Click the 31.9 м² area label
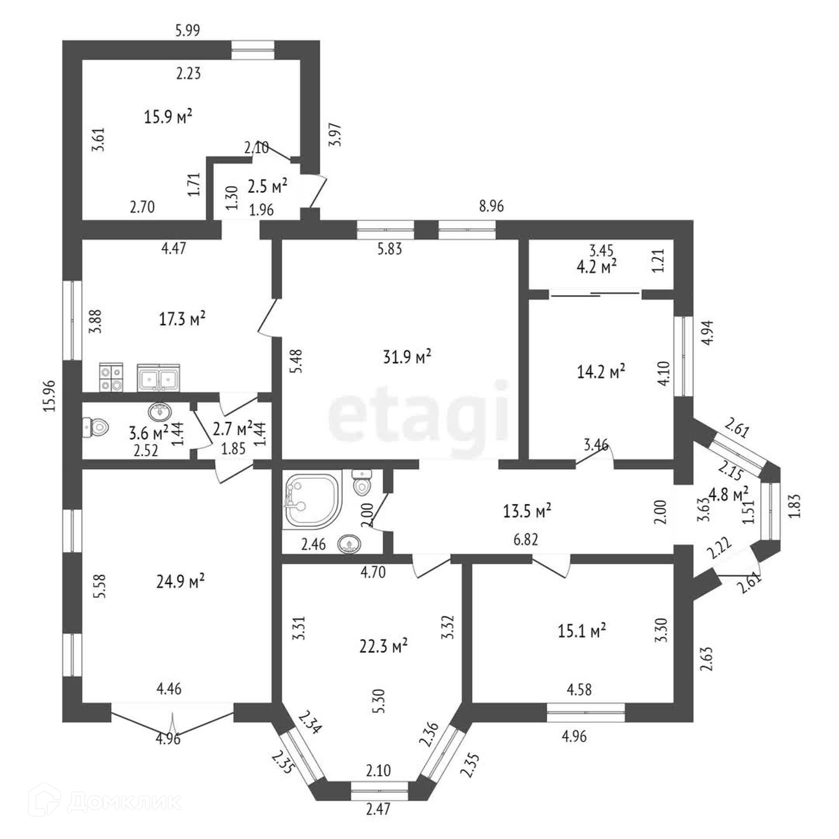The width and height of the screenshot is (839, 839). click(407, 357)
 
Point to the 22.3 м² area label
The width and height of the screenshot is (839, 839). click(383, 645)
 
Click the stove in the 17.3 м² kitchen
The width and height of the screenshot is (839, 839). click(111, 377)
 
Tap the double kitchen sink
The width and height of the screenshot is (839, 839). click(158, 377)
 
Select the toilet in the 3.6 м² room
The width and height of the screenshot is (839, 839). click(95, 426)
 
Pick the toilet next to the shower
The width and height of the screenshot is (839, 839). click(361, 482)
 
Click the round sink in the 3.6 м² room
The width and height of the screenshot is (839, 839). click(160, 411)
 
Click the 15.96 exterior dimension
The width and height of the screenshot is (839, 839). click(50, 395)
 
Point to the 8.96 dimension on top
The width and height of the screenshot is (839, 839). click(491, 206)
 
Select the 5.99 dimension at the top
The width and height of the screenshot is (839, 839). click(187, 30)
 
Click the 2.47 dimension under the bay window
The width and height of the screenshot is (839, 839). click(378, 822)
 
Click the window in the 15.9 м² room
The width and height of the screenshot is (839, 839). click(253, 50)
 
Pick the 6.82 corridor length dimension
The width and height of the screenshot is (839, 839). click(526, 540)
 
